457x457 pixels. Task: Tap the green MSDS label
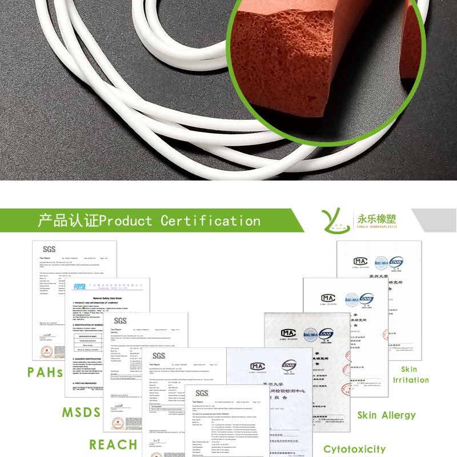pos(81,412)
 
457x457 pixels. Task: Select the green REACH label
pos(113,444)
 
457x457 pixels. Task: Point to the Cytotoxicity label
pos(354,449)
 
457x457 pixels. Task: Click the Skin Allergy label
pos(386,415)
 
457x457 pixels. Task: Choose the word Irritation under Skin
pos(410,380)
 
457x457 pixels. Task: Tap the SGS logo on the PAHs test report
pos(50,249)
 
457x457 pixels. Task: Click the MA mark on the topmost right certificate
pos(360,262)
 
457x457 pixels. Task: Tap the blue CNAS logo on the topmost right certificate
pos(396,262)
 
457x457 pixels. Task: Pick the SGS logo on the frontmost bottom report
pos(202,393)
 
